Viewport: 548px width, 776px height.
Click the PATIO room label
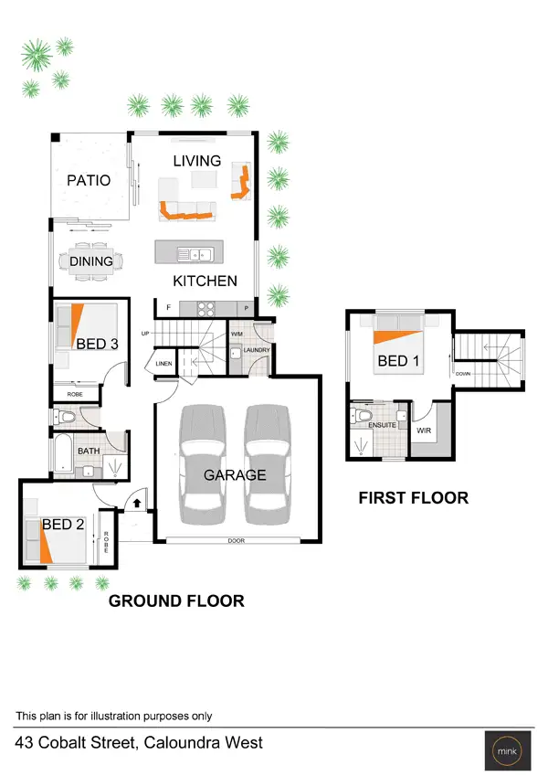[89, 180]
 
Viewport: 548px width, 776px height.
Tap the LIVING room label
[197, 161]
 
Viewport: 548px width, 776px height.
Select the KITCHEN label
[205, 281]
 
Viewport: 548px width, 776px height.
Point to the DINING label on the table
[91, 261]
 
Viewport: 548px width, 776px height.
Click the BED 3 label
[97, 344]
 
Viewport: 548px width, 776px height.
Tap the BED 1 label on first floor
[398, 361]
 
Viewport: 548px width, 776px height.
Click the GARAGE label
[235, 474]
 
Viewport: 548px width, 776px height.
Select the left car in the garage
[203, 462]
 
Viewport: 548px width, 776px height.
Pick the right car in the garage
[269, 462]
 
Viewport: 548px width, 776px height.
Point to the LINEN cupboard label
[164, 364]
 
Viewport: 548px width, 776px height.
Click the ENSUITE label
[382, 425]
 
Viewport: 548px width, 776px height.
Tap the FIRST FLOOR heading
[413, 498]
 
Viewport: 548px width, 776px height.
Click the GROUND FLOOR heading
[176, 601]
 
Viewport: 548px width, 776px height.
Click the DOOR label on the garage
[237, 541]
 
